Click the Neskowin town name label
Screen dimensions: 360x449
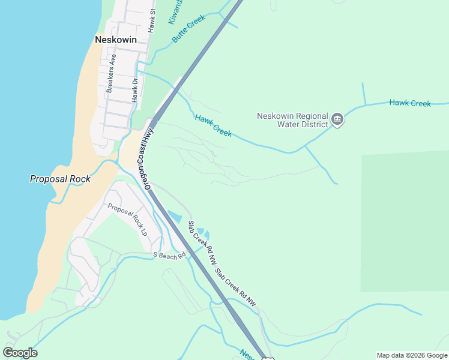[x=116, y=40]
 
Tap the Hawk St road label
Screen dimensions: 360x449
[x=152, y=20]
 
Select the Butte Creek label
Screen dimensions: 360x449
[x=188, y=28]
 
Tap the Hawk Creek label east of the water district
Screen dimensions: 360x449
[x=410, y=103]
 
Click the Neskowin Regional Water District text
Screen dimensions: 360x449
[x=292, y=120]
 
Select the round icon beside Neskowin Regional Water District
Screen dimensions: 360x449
[x=337, y=120]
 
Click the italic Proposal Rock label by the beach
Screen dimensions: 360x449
[x=60, y=179]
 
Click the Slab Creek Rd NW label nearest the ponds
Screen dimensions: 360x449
[x=202, y=243]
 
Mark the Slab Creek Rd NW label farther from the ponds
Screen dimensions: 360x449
[x=236, y=289]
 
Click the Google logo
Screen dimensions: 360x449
[x=20, y=353]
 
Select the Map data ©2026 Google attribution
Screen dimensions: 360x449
[x=412, y=355]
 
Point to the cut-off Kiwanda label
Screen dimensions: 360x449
[x=175, y=11]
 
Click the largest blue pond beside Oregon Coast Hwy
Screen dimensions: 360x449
[x=175, y=215]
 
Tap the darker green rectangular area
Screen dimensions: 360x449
[x=405, y=222]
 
